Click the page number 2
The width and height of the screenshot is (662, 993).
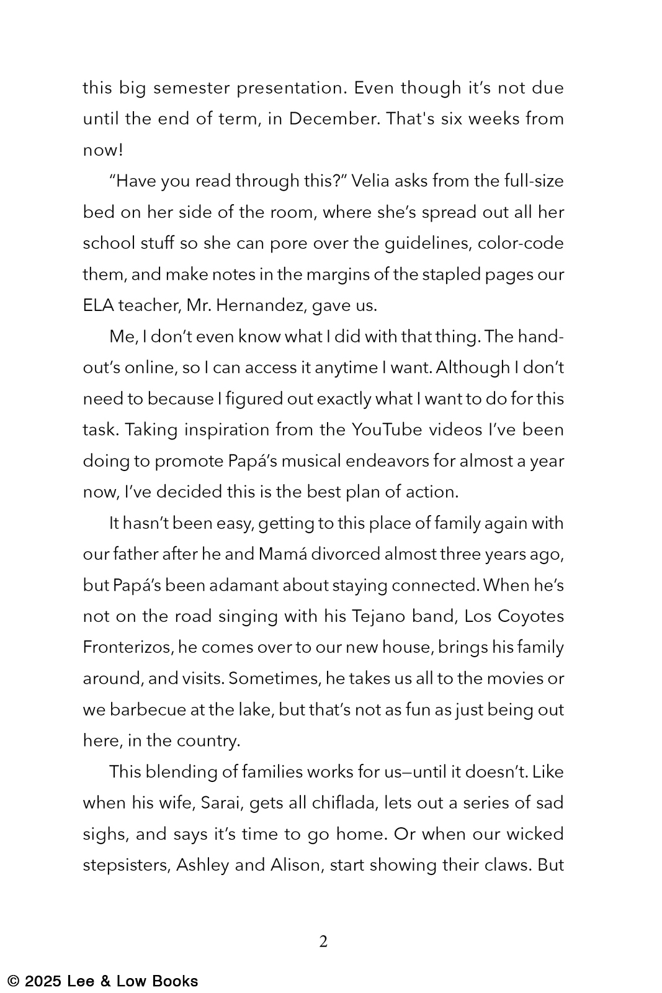323,941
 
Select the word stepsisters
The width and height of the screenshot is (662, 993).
127,865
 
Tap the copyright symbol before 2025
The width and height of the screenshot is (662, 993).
14,981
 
